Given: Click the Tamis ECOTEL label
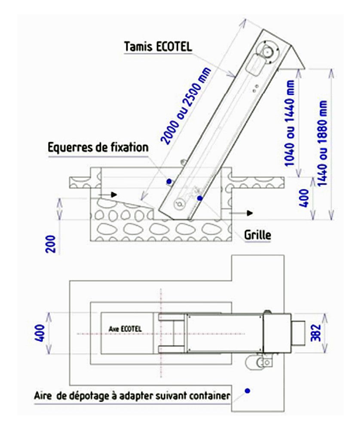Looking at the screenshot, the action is [x=158, y=46].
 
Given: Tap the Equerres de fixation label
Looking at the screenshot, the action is [x=98, y=147].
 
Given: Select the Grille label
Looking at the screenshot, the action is [x=258, y=235].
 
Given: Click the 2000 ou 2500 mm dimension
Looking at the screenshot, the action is [x=186, y=106].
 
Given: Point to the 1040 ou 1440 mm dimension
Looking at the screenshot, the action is [x=290, y=123].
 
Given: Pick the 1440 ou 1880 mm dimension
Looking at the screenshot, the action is [x=322, y=143].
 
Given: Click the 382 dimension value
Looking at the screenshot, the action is [x=316, y=333].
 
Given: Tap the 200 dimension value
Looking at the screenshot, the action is [x=51, y=244].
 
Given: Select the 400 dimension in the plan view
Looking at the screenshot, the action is [x=40, y=333].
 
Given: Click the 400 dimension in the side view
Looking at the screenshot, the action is [x=304, y=198].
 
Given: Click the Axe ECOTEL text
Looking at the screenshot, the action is [x=125, y=329].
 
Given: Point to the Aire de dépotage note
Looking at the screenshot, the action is [x=132, y=396].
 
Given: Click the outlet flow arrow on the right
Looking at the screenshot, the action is [x=242, y=213].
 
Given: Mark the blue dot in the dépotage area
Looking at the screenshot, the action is [x=247, y=391].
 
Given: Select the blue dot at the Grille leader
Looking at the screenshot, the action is [x=200, y=198].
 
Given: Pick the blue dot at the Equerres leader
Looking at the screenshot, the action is [x=169, y=181].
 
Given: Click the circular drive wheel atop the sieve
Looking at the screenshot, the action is [x=267, y=52].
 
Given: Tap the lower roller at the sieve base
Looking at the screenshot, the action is [x=180, y=203].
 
